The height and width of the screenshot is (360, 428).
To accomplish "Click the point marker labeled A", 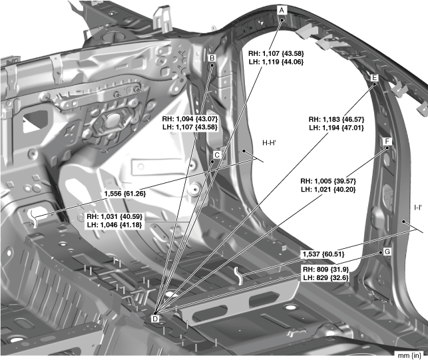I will tap(282, 11).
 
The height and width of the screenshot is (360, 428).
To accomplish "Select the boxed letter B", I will tap(212, 59).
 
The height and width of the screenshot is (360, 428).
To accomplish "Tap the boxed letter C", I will tap(216, 154).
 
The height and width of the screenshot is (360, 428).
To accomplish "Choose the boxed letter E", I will tap(374, 79).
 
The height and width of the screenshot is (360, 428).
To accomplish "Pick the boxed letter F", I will tap(386, 142).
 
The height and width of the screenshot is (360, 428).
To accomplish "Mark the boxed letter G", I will tap(386, 252).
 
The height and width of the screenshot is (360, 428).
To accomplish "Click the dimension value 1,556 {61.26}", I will tap(124, 193).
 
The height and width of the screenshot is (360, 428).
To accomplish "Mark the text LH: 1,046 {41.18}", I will tap(114, 226).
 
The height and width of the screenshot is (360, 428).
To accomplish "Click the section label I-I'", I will tap(418, 207).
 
